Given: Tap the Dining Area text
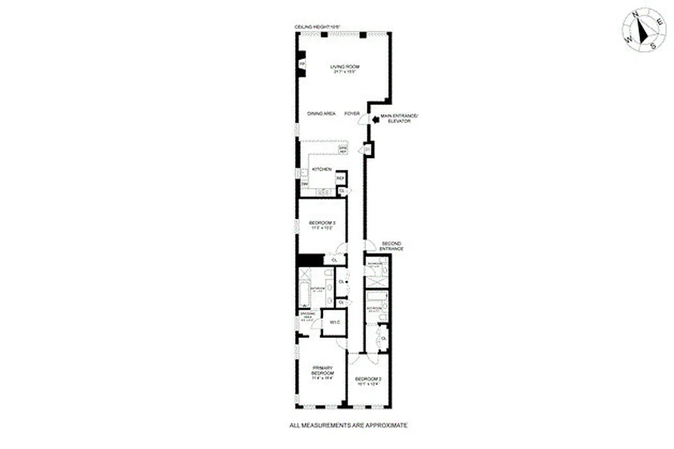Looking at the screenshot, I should pyautogui.click(x=321, y=113).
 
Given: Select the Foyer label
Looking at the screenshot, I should pyautogui.click(x=352, y=113).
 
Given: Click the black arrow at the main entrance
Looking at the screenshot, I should pyautogui.click(x=375, y=118).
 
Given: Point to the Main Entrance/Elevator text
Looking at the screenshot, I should pyautogui.click(x=399, y=118).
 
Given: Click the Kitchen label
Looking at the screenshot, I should pyautogui.click(x=320, y=169).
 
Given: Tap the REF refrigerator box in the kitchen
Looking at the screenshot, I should pyautogui.click(x=340, y=178).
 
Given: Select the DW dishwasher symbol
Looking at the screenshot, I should pyautogui.click(x=305, y=184).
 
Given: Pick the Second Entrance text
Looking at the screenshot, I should pyautogui.click(x=391, y=246).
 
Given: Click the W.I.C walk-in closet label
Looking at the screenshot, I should pyautogui.click(x=333, y=323).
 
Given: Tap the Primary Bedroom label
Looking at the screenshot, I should pyautogui.click(x=323, y=373).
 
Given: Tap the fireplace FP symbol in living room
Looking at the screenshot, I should pyautogui.click(x=301, y=65).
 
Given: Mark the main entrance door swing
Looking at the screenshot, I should pyautogui.click(x=363, y=119).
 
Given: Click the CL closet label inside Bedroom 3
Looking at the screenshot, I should pyautogui.click(x=334, y=260).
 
